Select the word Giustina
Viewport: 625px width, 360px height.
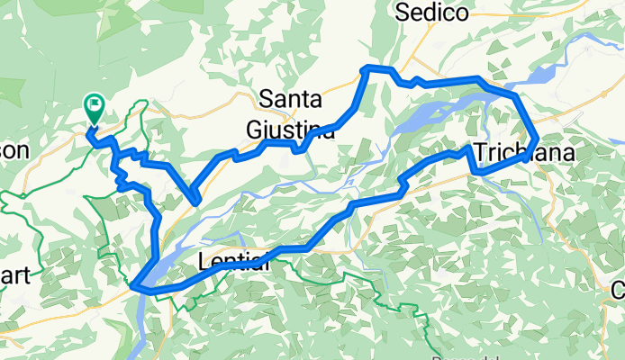coord(291,130)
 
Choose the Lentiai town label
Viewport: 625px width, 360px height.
coord(232,263)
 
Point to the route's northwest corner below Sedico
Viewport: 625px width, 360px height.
coord(364,68)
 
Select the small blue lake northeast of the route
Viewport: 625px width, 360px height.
coord(541,76)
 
